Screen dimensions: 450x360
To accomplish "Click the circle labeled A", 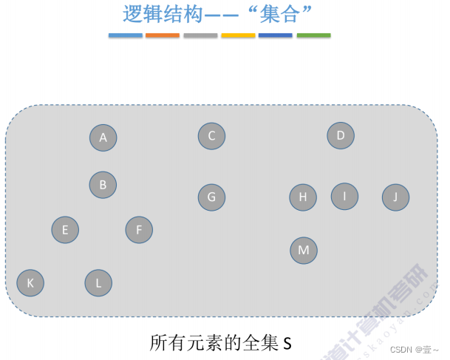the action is (103, 137).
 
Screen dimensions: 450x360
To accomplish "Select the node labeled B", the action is (103, 185).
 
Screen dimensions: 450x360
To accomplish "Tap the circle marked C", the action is (211, 135).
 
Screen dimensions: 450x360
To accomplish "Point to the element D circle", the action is (341, 135).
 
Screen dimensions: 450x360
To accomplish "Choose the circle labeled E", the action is (65, 230).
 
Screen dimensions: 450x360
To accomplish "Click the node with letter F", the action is (139, 230).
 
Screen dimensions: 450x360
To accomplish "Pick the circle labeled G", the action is (211, 197).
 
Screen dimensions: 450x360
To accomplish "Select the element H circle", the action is (303, 197).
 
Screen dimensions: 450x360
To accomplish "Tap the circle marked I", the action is (344, 196).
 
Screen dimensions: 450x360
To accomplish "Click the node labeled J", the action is (395, 197).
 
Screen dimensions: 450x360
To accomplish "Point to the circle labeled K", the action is (30, 282).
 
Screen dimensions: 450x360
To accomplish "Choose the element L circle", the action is (98, 282).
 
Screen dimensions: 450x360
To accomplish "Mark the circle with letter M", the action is (303, 251).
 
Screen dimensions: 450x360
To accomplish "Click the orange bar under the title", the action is (163, 35).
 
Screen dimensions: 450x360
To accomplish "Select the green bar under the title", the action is (313, 35).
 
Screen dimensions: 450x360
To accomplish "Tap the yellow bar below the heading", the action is (238, 35).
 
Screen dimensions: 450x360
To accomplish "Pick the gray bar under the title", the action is (200, 35).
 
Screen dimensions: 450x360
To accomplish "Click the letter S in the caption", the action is (288, 344).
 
